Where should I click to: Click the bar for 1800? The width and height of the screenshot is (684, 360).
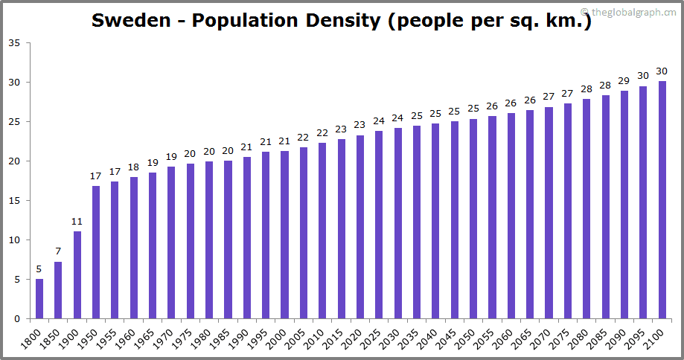(x=39, y=299)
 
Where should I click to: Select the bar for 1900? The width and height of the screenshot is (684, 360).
(x=77, y=275)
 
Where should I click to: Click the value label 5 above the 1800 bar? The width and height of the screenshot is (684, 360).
(x=39, y=269)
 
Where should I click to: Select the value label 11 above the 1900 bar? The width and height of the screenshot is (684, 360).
(x=77, y=222)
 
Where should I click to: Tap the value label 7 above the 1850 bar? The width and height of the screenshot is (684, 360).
(x=58, y=251)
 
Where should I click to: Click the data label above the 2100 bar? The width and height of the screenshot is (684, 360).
(x=662, y=71)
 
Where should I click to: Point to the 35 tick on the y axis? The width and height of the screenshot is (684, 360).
(x=15, y=42)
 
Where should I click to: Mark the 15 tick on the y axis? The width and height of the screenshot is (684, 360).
(x=15, y=201)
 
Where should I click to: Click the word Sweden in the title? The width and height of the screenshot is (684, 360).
(x=131, y=20)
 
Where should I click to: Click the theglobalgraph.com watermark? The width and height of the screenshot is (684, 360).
(x=629, y=11)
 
